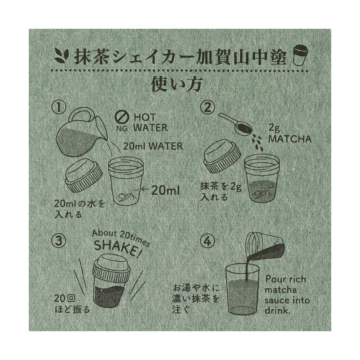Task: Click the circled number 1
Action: point(59,108)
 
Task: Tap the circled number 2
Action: point(208,108)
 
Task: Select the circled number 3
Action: point(59,241)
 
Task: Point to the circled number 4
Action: point(208,241)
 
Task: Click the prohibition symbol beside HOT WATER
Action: point(122,117)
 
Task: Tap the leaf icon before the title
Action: point(62,56)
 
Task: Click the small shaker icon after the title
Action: point(300,55)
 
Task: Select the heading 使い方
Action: point(177,84)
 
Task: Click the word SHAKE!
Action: point(118,248)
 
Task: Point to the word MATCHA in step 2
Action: point(290,139)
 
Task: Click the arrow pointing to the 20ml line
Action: point(145,190)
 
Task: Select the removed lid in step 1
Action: point(84,176)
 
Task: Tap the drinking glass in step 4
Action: point(242,290)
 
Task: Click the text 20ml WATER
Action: point(153,146)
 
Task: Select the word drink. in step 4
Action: point(277,311)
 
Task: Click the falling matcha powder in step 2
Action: point(258,142)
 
